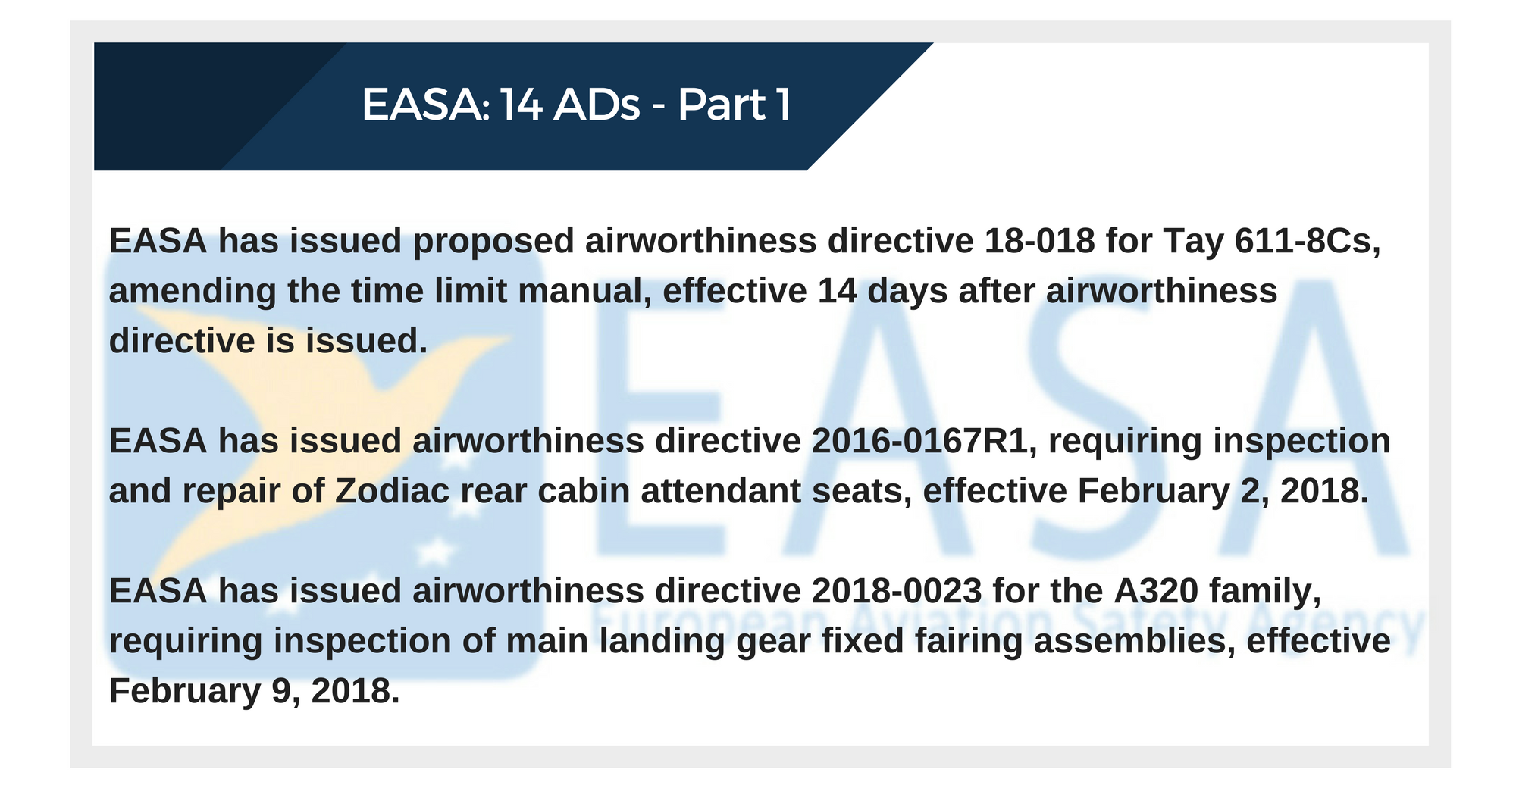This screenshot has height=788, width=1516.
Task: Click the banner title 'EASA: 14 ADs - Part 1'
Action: [x=577, y=105]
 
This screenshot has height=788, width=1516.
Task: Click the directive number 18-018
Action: [x=1040, y=241]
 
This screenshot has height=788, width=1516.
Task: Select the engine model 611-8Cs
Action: [x=1308, y=242]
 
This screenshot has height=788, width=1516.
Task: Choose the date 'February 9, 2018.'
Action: [x=254, y=691]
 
